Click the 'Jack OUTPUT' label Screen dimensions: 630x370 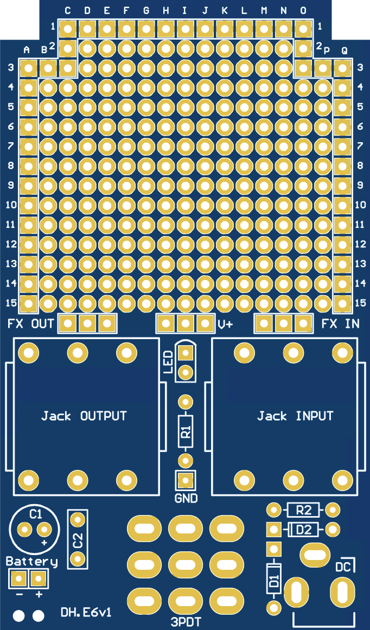(x=84, y=416)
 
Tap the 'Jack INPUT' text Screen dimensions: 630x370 (x=295, y=416)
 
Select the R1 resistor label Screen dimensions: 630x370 (x=186, y=432)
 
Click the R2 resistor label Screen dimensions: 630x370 (x=303, y=510)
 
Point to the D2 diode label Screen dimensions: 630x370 (x=303, y=529)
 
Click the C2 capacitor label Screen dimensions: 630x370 (x=78, y=540)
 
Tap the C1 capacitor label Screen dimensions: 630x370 (x=36, y=514)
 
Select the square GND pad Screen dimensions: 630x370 (x=186, y=480)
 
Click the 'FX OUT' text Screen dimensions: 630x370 (x=31, y=324)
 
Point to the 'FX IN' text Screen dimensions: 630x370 (x=340, y=324)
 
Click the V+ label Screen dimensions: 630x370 (x=225, y=324)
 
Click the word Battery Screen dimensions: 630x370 (x=31, y=562)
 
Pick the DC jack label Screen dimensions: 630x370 (x=343, y=568)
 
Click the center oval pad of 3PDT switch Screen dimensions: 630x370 (x=186, y=564)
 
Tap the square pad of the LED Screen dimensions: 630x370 (x=186, y=353)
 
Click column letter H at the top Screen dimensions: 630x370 (x=165, y=10)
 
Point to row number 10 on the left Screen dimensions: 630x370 (x=11, y=205)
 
